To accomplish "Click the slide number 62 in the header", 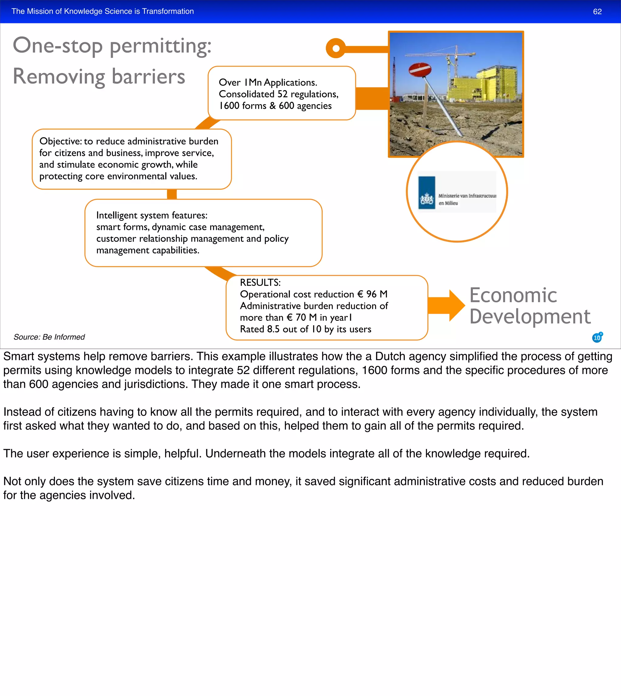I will (597, 12).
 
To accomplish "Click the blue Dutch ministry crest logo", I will (427, 193).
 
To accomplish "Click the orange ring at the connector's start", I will (336, 48).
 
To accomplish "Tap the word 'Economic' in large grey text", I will (513, 295).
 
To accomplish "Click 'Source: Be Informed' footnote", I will (49, 337).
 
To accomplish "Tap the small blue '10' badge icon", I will (597, 337).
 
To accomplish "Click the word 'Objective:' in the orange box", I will (60, 141).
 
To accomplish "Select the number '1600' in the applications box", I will (229, 106).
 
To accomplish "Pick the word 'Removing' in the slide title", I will (59, 76).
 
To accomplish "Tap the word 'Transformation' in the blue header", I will (168, 11).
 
